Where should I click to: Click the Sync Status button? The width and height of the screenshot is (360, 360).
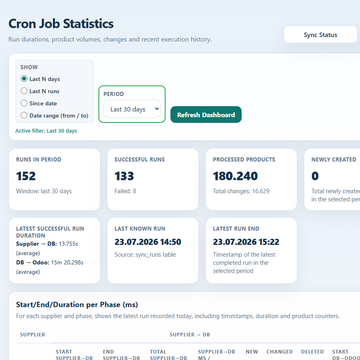point(320,35)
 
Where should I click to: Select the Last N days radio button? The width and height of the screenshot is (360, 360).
point(24,79)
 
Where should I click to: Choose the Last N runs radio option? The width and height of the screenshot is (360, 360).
point(24,91)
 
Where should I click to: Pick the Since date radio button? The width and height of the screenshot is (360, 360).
point(24,103)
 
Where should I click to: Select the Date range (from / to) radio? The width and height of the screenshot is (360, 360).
point(24,115)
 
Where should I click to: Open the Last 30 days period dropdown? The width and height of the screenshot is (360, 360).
point(132,109)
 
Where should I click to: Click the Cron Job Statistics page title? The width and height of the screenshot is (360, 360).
point(61,24)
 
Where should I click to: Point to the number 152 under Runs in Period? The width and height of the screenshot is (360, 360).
point(26,176)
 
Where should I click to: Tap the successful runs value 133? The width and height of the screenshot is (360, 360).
point(124,176)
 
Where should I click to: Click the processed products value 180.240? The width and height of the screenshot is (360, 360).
point(236,176)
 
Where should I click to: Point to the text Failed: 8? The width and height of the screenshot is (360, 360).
point(125,191)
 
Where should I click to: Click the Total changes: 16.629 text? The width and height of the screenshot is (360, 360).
point(241,191)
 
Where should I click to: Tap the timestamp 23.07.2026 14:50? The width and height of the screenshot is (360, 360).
point(148,242)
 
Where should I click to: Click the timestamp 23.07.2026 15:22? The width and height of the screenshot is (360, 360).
point(246,242)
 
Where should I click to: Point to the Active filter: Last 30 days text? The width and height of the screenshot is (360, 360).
point(46,131)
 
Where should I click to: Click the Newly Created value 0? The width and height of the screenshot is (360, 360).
point(315,176)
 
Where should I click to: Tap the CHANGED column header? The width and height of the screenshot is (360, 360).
point(279,352)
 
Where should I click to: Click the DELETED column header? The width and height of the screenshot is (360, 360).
point(312,352)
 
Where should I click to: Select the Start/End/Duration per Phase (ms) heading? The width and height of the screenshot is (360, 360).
point(77,305)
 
